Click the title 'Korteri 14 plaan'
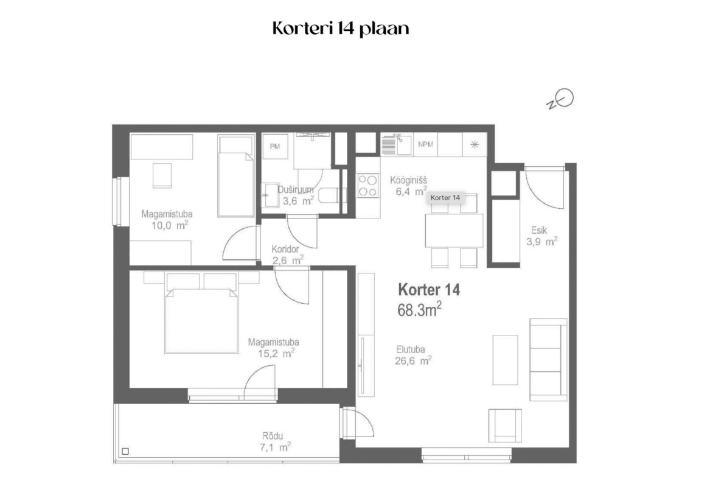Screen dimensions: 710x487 pyautogui.click(x=341, y=29)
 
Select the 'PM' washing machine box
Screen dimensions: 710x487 pyautogui.click(x=275, y=146)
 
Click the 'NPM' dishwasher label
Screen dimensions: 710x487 pyautogui.click(x=425, y=144)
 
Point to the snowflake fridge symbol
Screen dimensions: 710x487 pyautogui.click(x=474, y=144)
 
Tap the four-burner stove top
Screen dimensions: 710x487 pyautogui.click(x=367, y=186)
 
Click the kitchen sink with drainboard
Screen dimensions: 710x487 pyautogui.click(x=396, y=144)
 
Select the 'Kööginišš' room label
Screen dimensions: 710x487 pyautogui.click(x=408, y=180)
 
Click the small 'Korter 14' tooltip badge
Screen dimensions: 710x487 pyautogui.click(x=445, y=197)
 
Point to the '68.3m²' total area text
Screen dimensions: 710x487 pyautogui.click(x=419, y=309)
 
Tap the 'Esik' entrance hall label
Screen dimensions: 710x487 pyautogui.click(x=539, y=230)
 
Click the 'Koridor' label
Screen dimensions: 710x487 pyautogui.click(x=285, y=249)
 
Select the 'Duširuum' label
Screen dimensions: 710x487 pyautogui.click(x=295, y=190)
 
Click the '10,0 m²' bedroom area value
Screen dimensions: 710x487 pyautogui.click(x=169, y=225)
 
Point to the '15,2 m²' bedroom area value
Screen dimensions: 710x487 pyautogui.click(x=276, y=353)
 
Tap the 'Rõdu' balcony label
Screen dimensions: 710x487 pyautogui.click(x=273, y=436)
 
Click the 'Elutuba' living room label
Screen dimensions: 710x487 pyautogui.click(x=410, y=349)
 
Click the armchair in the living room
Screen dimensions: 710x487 pyautogui.click(x=505, y=426)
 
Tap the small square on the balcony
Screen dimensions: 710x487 pyautogui.click(x=125, y=451)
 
